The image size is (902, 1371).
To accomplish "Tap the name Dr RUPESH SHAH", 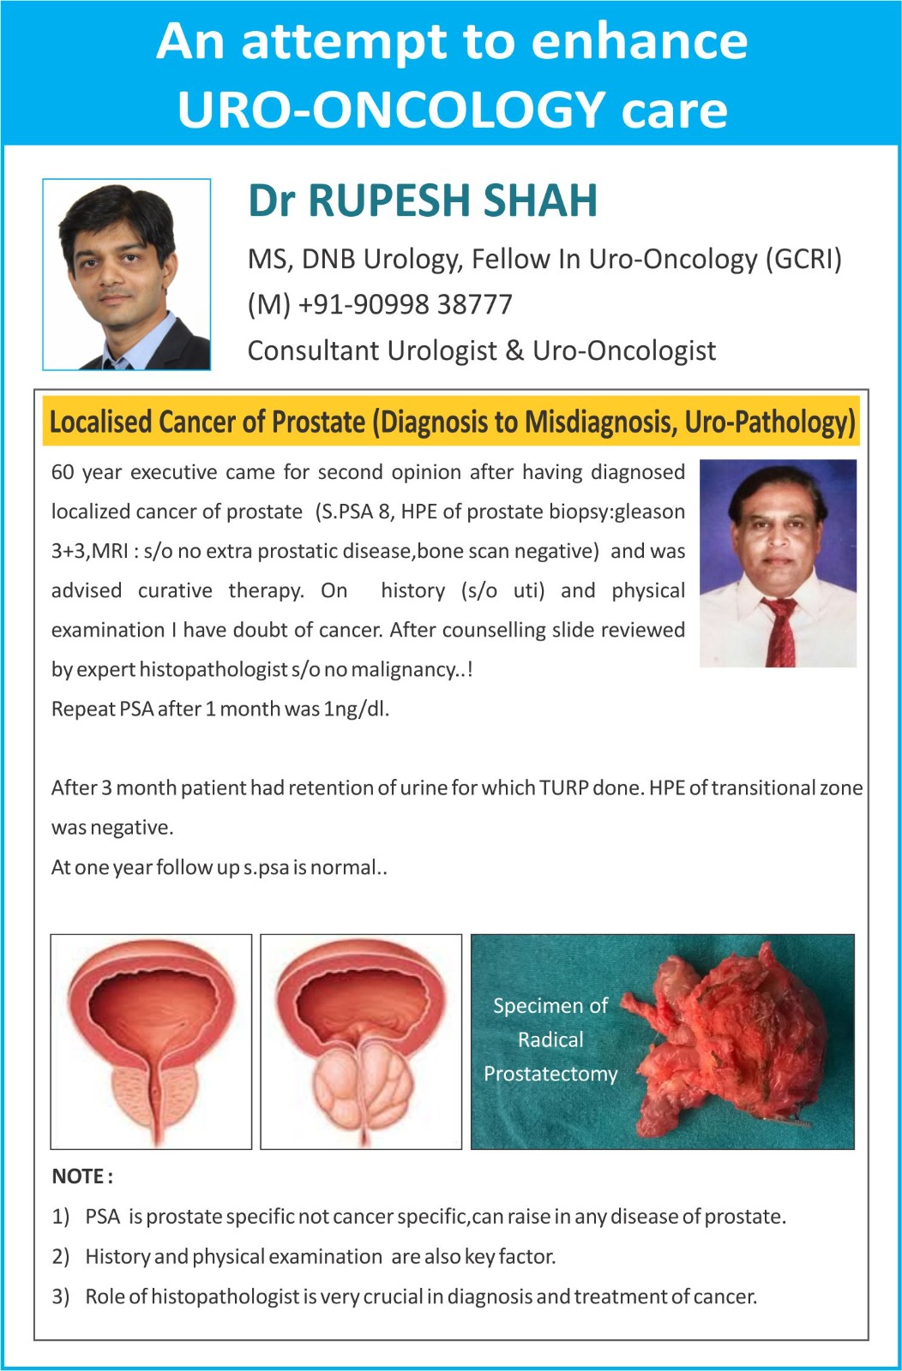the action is pyautogui.click(x=423, y=201).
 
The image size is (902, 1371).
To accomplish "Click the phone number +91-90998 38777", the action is pyautogui.click(x=405, y=304).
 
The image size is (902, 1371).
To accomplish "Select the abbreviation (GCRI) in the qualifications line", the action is pyautogui.click(x=803, y=259).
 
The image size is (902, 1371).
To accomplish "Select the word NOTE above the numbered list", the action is pyautogui.click(x=78, y=1176).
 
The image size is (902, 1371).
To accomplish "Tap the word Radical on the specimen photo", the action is pyautogui.click(x=550, y=1039).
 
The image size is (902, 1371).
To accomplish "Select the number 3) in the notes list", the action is pyautogui.click(x=61, y=1296).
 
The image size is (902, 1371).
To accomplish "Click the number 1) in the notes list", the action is pyautogui.click(x=61, y=1216).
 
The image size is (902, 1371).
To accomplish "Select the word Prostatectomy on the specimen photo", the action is pyautogui.click(x=550, y=1075).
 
